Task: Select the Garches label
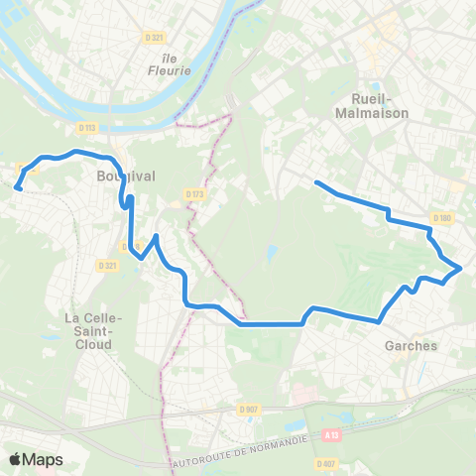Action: [x=408, y=347]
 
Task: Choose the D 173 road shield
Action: [x=192, y=194]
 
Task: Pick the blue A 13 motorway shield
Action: [x=330, y=433]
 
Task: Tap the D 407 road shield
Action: [x=325, y=463]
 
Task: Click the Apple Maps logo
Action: [x=36, y=459]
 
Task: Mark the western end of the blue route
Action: [x=18, y=185]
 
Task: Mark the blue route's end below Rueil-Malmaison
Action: [x=315, y=181]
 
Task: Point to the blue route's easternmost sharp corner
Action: [x=461, y=267]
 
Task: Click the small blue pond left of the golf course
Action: [x=271, y=253]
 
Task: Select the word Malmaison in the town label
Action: [x=374, y=113]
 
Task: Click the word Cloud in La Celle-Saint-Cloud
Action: [x=90, y=346]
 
